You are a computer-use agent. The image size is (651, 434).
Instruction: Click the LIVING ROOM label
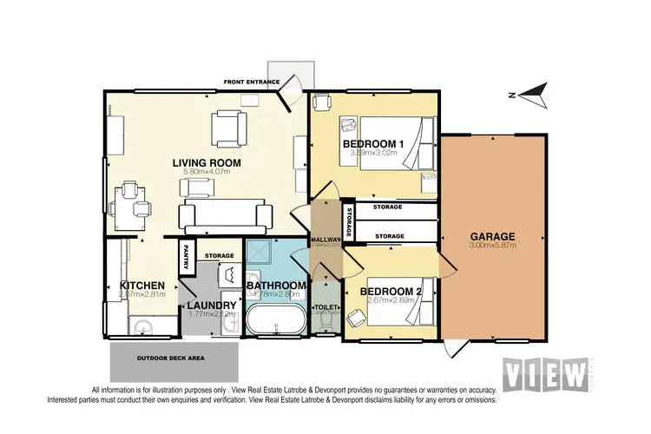pyautogui.click(x=206, y=162)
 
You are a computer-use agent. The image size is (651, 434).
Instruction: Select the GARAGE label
pyautogui.click(x=493, y=236)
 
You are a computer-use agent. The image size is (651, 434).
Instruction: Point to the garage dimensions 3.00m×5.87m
pyautogui.click(x=493, y=246)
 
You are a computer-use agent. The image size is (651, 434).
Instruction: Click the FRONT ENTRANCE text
pyautogui.click(x=251, y=82)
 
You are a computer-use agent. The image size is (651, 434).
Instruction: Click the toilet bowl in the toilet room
pyautogui.click(x=325, y=322)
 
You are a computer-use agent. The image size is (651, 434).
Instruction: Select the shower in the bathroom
pyautogui.click(x=260, y=253)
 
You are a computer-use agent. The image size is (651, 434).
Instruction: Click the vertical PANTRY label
pyautogui.click(x=185, y=257)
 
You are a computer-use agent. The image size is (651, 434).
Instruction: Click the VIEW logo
pyautogui.click(x=546, y=375)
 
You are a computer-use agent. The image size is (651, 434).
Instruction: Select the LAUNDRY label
pyautogui.click(x=212, y=306)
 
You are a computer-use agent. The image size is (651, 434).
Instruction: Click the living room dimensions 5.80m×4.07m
pyautogui.click(x=206, y=173)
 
